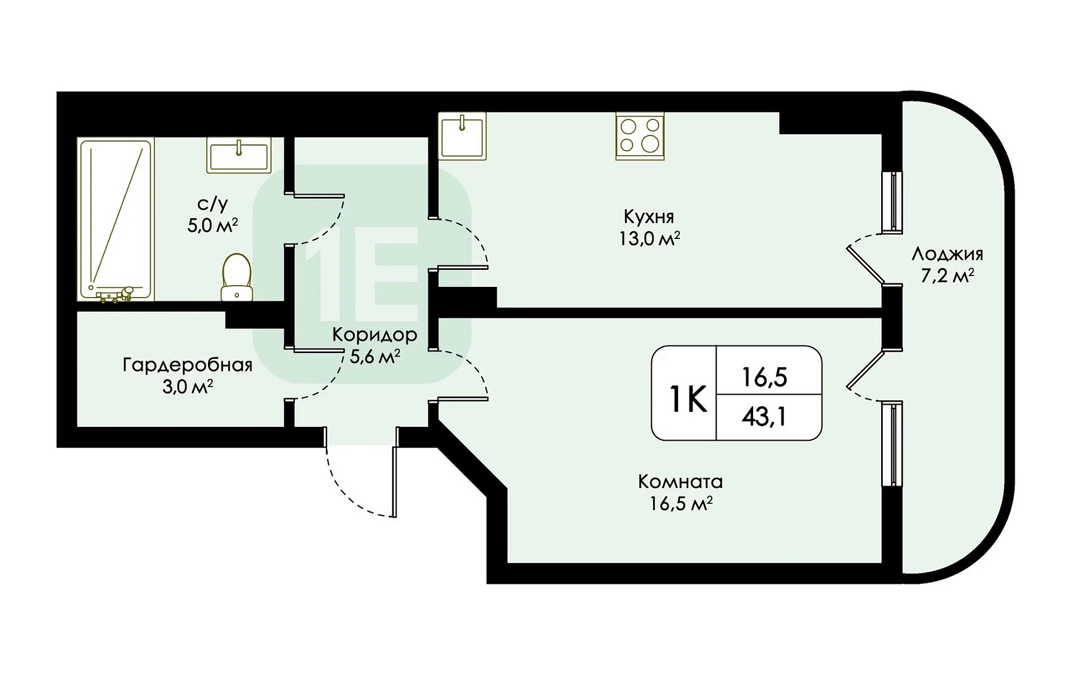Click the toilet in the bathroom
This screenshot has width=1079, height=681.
coord(236,277)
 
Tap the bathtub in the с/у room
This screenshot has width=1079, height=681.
coord(115,219)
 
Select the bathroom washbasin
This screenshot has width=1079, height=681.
coord(239,154)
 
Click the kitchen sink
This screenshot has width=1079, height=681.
coord(462,136)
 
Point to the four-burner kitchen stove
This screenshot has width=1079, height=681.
coord(640,137)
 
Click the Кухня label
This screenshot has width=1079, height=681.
coord(649,218)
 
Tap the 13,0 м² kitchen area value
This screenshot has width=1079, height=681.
coord(649,238)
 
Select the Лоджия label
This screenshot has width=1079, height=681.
coord(947,255)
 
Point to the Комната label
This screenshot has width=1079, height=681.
coord(680,482)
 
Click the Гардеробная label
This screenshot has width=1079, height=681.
coord(187,365)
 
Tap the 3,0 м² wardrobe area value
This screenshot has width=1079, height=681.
coord(187,387)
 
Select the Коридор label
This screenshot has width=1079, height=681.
coord(375,335)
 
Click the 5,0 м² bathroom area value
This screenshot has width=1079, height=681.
coord(212,226)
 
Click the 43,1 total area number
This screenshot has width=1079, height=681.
coord(764,417)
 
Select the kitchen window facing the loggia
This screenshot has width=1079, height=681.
coord(892,202)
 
